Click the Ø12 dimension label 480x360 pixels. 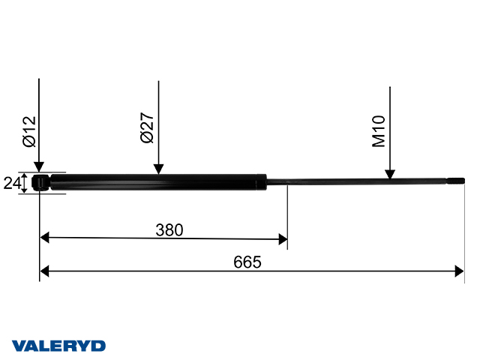tap(28, 130)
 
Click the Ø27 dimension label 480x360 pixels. tap(148, 128)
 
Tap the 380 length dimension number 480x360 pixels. tap(169, 229)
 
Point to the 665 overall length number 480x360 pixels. tap(247, 262)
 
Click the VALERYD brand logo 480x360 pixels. tap(59, 346)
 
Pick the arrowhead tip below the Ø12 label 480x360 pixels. tap(38, 172)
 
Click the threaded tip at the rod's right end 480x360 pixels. tap(457, 181)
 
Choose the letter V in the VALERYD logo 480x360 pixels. tap(19, 346)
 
